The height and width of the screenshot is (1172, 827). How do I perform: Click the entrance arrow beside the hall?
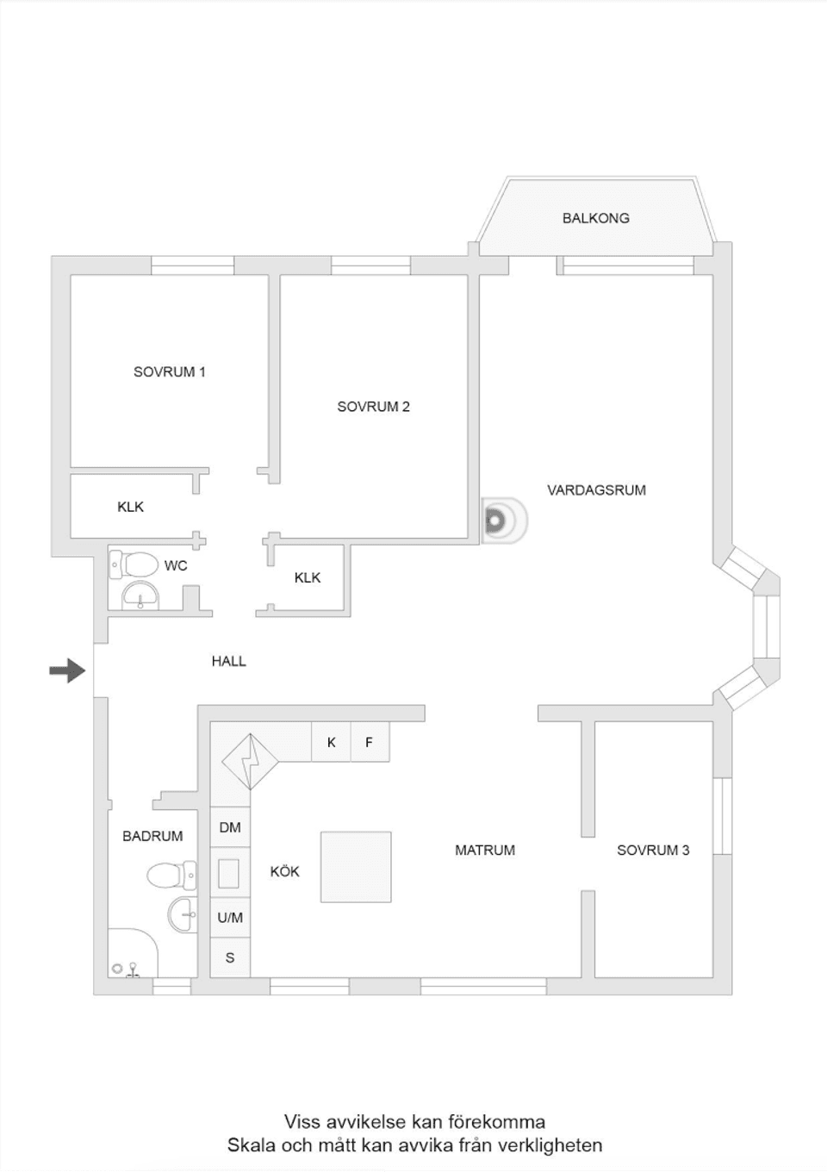coord(67,670)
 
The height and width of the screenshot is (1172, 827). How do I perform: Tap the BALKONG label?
coord(595,218)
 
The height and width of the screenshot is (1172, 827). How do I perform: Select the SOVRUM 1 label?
coord(169,372)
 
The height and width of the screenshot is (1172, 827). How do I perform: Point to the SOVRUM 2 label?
coord(373,407)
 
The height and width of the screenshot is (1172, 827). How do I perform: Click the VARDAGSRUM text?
coord(596,490)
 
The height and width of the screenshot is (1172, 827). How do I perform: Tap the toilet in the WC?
coord(134,564)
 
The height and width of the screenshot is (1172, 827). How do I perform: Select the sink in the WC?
coord(140,595)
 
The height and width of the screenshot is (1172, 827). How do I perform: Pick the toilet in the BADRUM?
coord(171,876)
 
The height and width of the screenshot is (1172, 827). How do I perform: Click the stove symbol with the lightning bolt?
coord(250,761)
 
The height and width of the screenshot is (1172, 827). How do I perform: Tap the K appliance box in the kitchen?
coord(331,742)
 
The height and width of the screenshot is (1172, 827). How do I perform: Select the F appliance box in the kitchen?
coord(370,742)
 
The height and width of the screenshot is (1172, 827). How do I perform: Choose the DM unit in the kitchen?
coord(230,827)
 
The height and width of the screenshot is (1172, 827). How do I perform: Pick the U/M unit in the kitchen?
coord(230,918)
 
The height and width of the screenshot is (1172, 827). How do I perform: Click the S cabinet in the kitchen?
coord(230,957)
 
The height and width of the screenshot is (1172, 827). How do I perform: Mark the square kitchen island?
coord(356,867)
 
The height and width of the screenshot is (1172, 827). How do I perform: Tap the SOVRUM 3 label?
coord(653,851)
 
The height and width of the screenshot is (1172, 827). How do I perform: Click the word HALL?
coord(229,661)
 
